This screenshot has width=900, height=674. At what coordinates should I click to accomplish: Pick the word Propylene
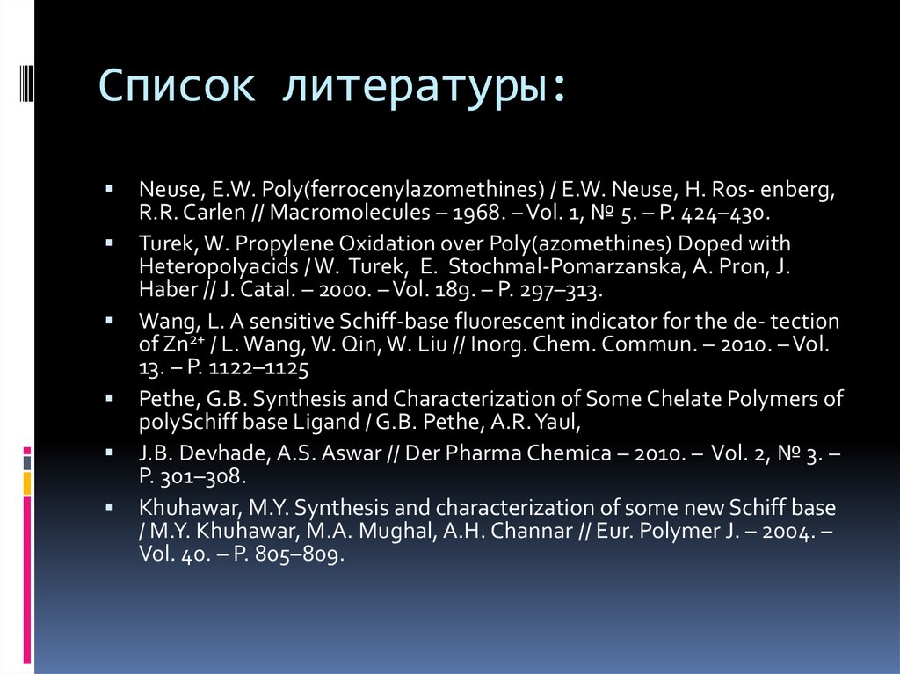(265, 243)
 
